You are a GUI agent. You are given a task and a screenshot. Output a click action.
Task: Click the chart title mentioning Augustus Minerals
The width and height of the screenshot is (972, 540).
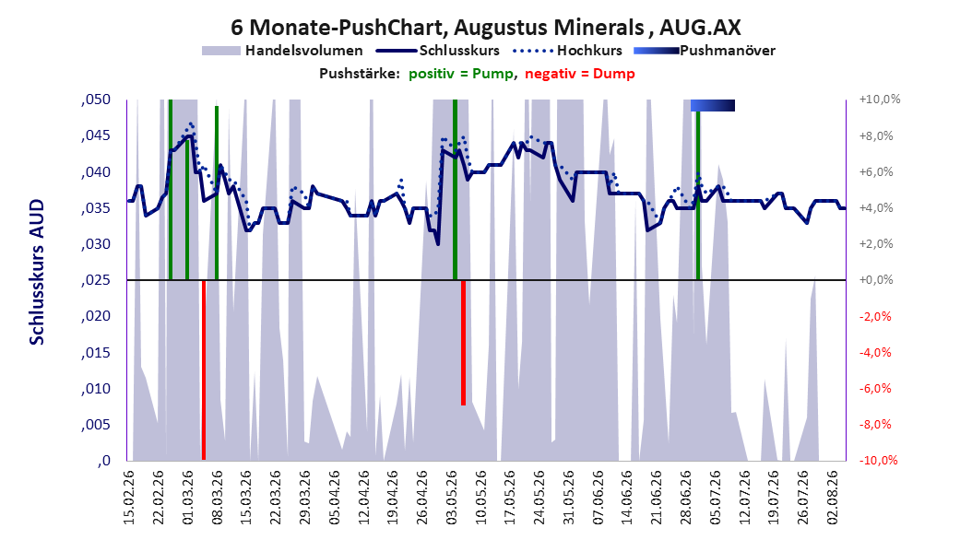click(485, 28)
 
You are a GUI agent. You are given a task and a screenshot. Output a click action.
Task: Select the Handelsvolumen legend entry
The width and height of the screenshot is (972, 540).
click(283, 51)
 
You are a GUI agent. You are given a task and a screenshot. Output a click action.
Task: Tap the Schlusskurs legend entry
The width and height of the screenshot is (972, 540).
click(438, 51)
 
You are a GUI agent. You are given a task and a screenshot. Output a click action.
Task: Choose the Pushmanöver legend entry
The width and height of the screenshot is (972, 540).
click(705, 51)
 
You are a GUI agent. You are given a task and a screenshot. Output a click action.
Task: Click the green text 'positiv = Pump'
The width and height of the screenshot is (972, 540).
click(461, 74)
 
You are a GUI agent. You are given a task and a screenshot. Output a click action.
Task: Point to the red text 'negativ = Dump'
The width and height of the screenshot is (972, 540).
click(580, 74)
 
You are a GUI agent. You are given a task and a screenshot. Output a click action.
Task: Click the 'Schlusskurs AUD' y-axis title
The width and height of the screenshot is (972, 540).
click(37, 272)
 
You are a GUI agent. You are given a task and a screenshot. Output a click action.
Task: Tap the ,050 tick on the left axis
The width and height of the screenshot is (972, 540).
click(96, 100)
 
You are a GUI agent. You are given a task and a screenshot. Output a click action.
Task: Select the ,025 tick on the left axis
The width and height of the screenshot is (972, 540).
click(96, 280)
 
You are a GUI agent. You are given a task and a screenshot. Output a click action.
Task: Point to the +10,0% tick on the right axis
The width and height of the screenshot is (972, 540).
click(880, 100)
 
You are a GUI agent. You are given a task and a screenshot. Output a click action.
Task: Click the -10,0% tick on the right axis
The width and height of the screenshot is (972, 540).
click(878, 460)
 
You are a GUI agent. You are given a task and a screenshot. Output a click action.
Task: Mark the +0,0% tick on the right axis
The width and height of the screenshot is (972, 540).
click(876, 280)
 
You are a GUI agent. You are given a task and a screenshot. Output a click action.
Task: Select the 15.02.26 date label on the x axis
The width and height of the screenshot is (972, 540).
click(129, 498)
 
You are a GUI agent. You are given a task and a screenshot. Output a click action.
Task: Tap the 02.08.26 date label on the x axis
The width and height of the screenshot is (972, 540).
click(834, 498)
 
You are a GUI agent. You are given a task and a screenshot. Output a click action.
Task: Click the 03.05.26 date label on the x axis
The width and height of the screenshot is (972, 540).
click(453, 498)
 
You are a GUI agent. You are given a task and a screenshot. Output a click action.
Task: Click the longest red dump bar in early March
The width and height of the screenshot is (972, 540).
click(203, 370)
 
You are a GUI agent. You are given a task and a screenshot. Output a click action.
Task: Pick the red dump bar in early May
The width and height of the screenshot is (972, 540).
click(463, 343)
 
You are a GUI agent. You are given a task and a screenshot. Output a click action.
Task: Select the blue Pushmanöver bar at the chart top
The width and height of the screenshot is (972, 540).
click(713, 105)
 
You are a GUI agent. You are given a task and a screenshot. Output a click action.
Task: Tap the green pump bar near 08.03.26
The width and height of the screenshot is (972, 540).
click(217, 193)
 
